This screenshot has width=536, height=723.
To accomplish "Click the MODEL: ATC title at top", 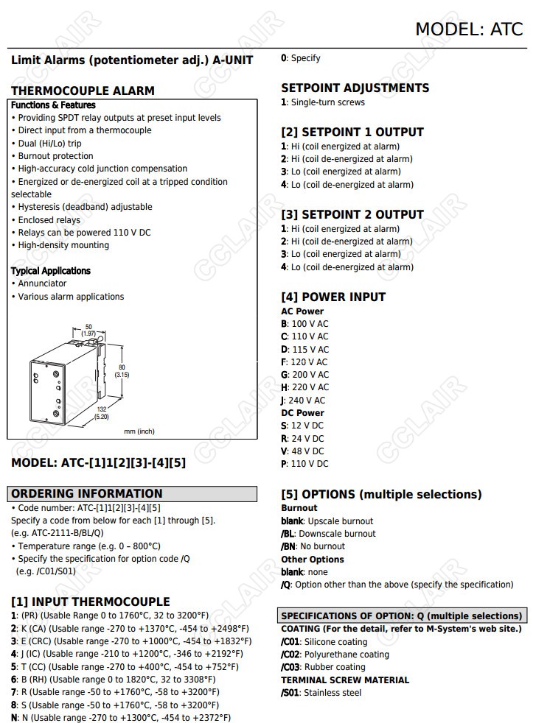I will pos(468,29).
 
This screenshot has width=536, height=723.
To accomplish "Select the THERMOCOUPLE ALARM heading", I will pos(83,91).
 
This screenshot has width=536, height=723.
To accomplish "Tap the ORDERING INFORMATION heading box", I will pos(133,493).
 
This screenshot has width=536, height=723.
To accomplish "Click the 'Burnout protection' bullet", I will pos(55,156).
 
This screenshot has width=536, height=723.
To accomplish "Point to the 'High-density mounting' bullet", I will pos(63,245).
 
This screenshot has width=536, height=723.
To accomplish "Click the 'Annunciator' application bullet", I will pos(42,283).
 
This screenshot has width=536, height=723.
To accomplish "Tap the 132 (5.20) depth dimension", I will pos(102,413).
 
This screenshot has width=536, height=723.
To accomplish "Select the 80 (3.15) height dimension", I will pos(122,370).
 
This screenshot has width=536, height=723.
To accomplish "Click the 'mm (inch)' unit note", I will pos(139,431).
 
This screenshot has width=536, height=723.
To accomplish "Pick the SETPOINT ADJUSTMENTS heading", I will pos(355,88).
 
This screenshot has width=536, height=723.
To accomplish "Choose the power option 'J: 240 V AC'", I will pos(303,401).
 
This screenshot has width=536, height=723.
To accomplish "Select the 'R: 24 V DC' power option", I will pos(302,438).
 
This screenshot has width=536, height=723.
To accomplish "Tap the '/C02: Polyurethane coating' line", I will pos(335,655).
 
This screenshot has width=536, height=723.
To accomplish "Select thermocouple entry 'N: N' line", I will pos(121,718).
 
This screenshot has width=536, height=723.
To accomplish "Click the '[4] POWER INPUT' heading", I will pos(333,297).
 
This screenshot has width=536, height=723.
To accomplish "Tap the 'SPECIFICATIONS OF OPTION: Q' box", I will pos(402,616).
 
